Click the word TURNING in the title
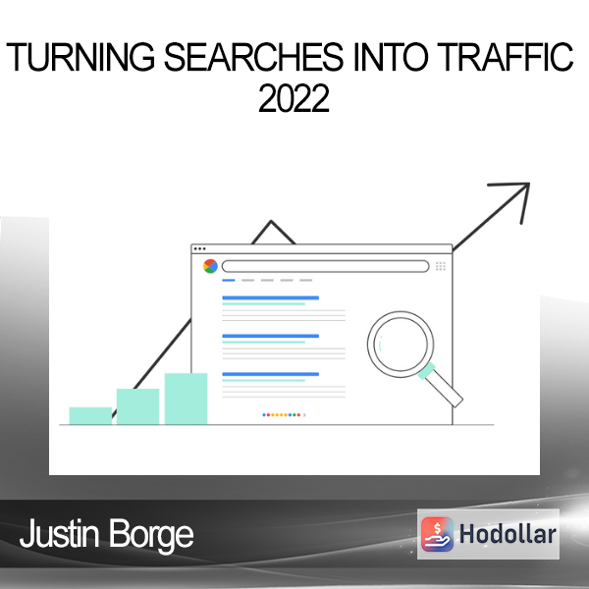[80, 57]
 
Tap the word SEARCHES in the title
[253, 57]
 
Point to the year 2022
[294, 98]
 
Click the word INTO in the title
[391, 57]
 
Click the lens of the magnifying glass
[401, 345]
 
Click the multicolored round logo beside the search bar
[210, 266]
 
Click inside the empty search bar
[325, 266]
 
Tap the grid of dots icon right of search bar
[440, 266]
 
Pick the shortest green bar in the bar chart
[90, 416]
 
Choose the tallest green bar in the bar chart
[186, 399]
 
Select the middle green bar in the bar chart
[137, 406]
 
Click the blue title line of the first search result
[271, 297]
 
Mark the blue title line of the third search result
[271, 374]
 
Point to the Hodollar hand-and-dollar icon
[437, 534]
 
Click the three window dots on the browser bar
[199, 248]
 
